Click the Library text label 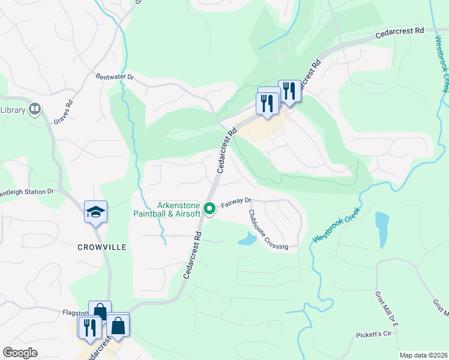click(12, 110)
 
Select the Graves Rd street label click(63, 112)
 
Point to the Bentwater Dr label click(115, 77)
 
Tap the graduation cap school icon click(95, 212)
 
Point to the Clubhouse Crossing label click(268, 230)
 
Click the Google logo click(20, 353)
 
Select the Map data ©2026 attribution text click(423, 355)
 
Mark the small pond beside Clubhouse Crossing click(246, 240)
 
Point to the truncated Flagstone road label click(75, 313)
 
